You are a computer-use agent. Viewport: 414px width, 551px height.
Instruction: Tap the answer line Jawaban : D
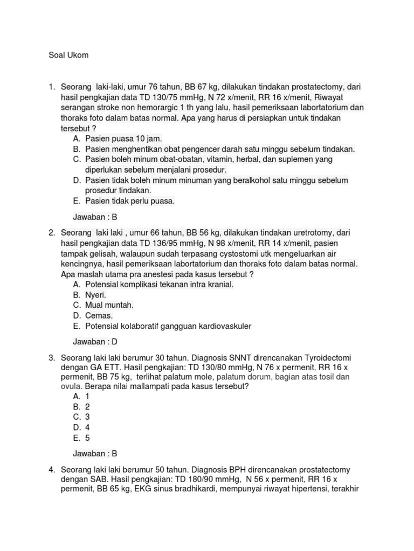(95, 341)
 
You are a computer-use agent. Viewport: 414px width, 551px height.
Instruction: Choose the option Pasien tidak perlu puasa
(130, 201)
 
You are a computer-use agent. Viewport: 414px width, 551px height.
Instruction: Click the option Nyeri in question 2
(95, 295)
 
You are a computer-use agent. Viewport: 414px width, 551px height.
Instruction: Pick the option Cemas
(99, 315)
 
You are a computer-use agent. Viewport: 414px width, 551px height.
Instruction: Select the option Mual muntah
(109, 305)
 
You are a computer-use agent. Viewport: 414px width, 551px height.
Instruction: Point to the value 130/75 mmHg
(172, 97)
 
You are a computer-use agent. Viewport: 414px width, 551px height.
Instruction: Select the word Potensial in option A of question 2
(102, 285)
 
